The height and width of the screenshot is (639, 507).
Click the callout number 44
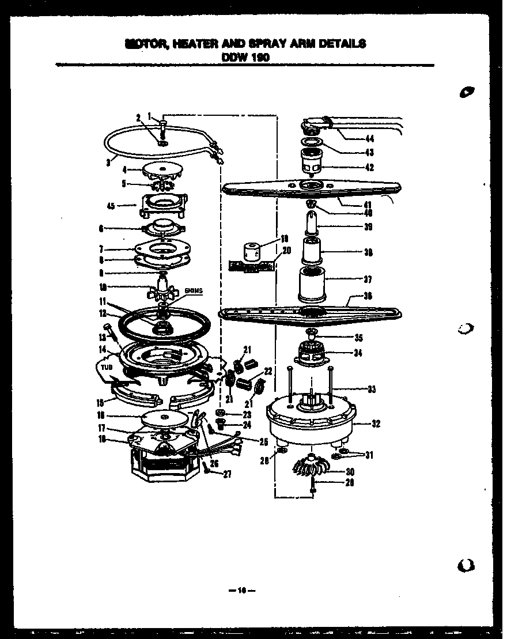(369, 138)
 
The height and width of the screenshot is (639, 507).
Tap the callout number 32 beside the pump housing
(376, 424)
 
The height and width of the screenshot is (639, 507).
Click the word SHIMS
(194, 291)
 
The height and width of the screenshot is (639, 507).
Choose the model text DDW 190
(245, 56)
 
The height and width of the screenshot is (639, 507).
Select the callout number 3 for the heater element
(108, 162)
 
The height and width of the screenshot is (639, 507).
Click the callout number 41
(368, 205)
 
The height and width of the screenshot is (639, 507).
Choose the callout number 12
(103, 313)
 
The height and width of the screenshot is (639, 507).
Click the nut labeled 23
(221, 413)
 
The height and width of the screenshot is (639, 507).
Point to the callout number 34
(358, 353)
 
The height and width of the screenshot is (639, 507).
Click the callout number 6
(101, 229)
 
